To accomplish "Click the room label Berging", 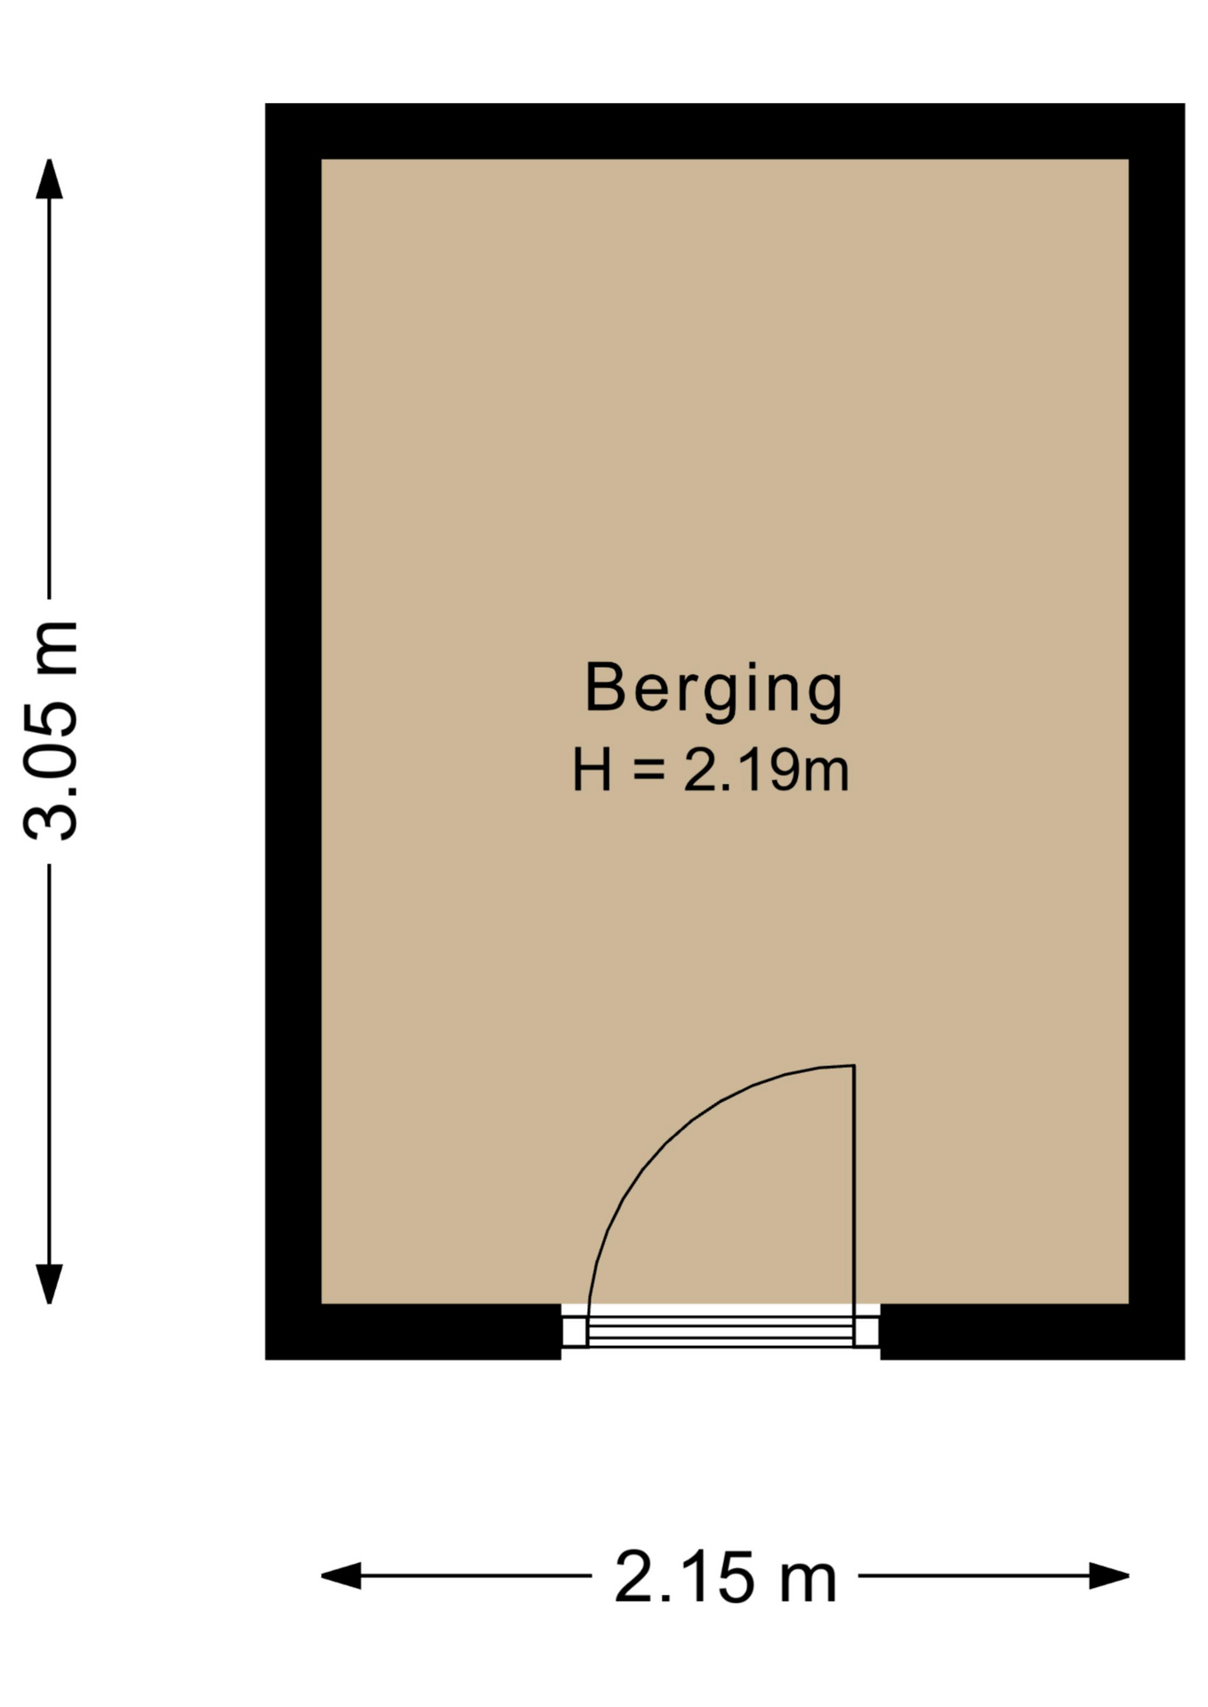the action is click(713, 691).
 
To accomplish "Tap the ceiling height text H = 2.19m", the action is click(711, 770).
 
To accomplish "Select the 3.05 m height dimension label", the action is click(51, 730).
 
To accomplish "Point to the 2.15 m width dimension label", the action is click(726, 1576).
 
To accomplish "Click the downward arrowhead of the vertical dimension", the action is click(49, 1284).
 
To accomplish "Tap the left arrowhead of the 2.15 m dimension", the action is click(341, 1575).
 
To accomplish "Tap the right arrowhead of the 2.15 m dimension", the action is click(1109, 1575).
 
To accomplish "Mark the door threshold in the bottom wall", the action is click(721, 1331).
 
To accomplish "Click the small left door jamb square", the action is click(575, 1331).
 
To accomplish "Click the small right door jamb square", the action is click(866, 1331).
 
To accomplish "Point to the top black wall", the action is click(725, 132).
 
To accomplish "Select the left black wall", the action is click(294, 732).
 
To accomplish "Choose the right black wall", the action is click(1156, 732).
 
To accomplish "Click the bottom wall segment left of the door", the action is click(414, 1332).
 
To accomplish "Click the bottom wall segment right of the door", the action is click(1032, 1332).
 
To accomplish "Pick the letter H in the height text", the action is click(592, 770).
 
